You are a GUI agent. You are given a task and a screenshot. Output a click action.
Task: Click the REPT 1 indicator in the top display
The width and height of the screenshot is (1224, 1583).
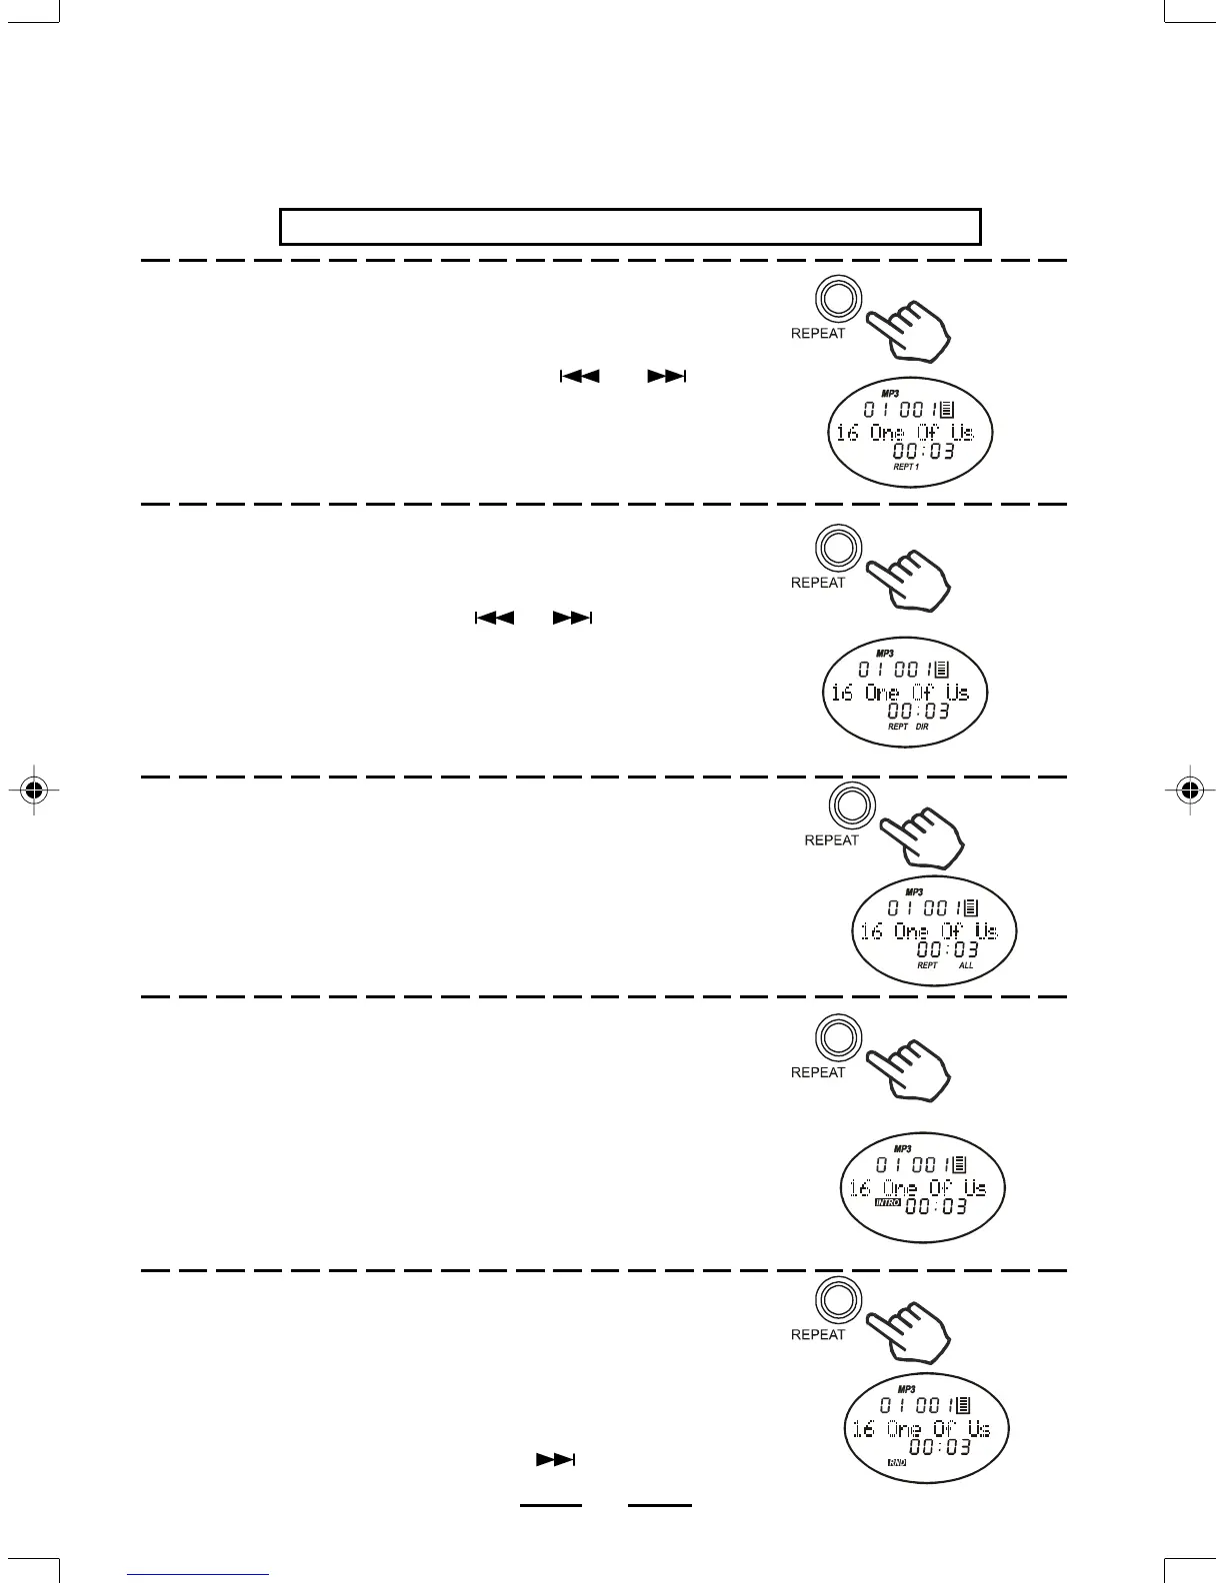click(x=905, y=467)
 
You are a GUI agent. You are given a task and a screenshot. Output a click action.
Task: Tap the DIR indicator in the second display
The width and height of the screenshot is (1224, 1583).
click(x=922, y=727)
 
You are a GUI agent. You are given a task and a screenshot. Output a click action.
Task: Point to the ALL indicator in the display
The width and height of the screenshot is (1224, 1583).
click(x=965, y=965)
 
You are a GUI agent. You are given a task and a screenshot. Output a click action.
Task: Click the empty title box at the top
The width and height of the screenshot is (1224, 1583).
click(x=629, y=227)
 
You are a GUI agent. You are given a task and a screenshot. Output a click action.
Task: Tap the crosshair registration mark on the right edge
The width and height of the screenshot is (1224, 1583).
click(x=1188, y=790)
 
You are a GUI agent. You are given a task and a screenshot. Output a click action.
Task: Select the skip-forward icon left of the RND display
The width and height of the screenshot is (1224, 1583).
click(x=557, y=1460)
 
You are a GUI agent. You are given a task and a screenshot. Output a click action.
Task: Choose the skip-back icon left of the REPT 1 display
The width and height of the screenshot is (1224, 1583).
click(x=579, y=376)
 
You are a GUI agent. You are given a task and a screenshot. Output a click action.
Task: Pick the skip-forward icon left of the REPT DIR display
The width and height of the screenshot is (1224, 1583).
click(x=573, y=619)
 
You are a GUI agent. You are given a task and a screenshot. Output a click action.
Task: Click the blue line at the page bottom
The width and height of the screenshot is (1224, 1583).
click(x=198, y=1576)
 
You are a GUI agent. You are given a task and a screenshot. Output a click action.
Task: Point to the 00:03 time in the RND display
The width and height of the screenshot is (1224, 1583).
click(x=940, y=1446)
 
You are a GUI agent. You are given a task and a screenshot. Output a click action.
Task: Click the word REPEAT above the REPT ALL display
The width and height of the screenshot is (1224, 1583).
click(x=831, y=840)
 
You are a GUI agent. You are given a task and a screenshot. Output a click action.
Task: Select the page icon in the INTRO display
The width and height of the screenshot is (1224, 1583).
click(x=961, y=1164)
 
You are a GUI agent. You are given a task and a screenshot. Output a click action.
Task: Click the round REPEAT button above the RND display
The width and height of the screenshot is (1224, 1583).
click(x=838, y=1298)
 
